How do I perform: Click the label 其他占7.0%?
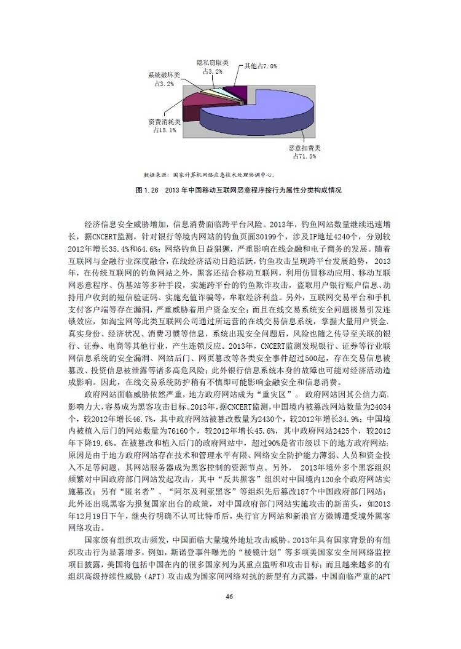pos(261,66)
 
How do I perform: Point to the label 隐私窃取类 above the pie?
pos(213,63)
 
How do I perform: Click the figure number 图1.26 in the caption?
pos(148,191)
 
